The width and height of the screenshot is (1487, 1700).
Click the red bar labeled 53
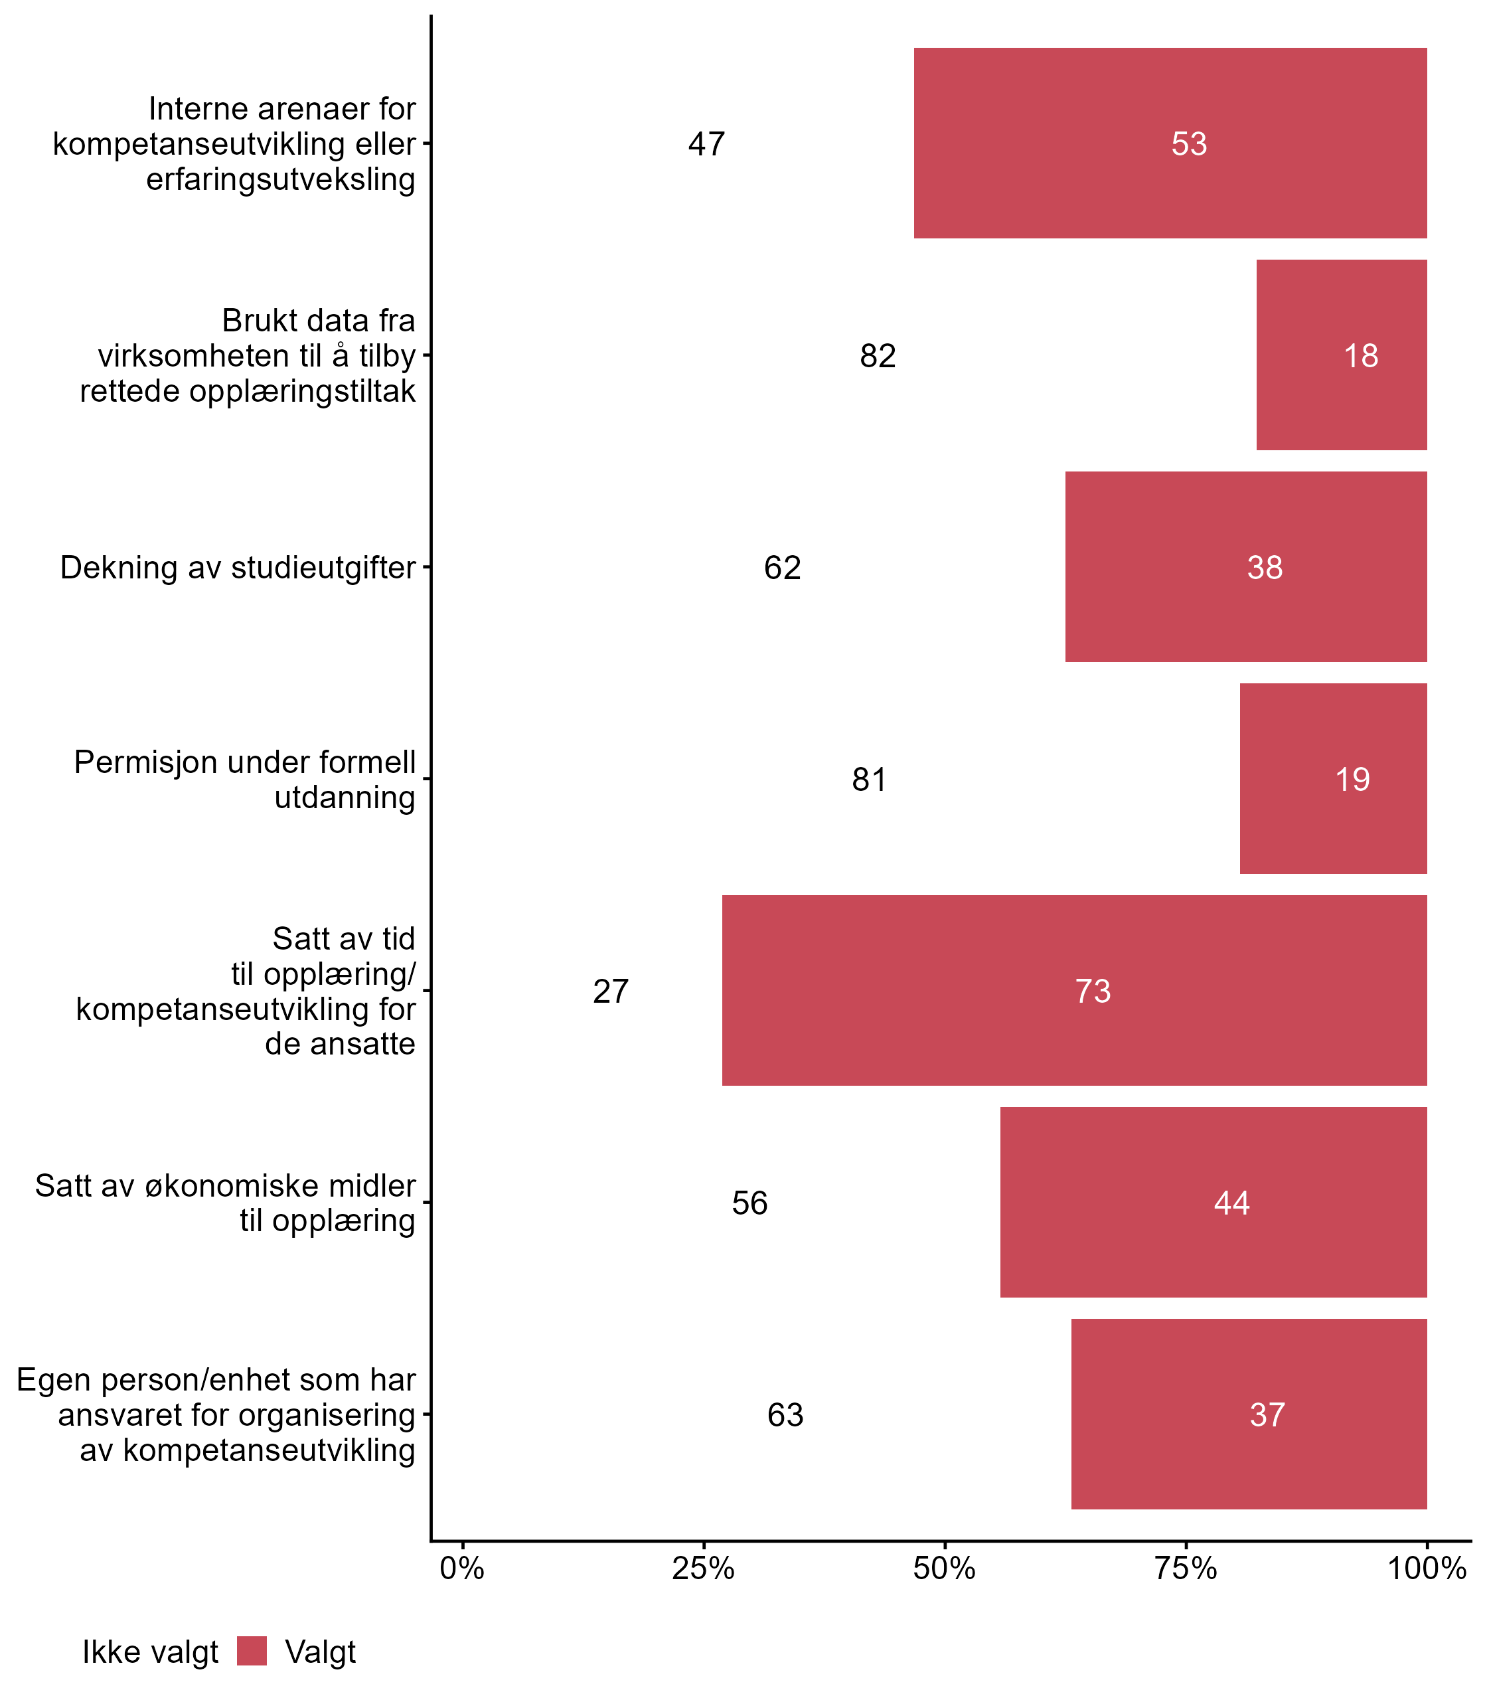(1170, 143)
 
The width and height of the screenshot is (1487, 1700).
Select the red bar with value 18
(1341, 355)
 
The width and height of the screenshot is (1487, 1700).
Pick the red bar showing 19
(1333, 778)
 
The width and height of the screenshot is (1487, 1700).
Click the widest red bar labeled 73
(1074, 989)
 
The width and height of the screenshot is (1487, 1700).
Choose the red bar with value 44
(1213, 1201)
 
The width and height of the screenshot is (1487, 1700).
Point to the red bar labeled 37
(1249, 1414)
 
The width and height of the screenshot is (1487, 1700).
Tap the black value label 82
(877, 356)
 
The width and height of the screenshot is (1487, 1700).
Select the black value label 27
(611, 991)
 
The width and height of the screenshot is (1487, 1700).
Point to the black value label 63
(785, 1414)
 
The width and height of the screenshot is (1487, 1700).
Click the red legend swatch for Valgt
(252, 1651)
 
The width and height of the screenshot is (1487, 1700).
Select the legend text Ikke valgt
(150, 1653)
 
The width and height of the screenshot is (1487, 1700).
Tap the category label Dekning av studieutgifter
(238, 568)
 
